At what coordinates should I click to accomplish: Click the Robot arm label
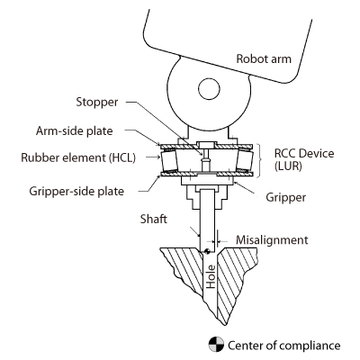tap(268, 59)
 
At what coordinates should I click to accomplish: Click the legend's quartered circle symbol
tap(216, 344)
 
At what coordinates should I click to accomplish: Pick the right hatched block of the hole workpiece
tap(238, 270)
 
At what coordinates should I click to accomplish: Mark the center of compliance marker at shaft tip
tap(207, 239)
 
